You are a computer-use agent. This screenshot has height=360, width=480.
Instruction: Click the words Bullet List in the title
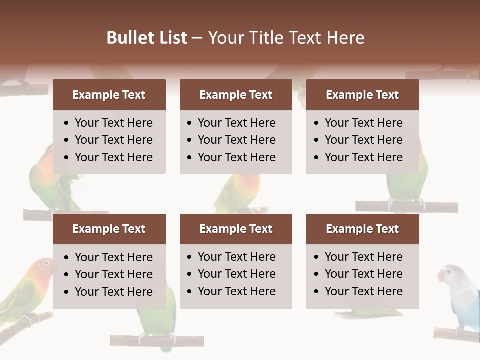pos(147,38)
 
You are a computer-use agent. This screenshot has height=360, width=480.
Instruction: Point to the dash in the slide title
pos(197,38)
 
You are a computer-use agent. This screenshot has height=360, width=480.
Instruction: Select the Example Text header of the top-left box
pos(109,95)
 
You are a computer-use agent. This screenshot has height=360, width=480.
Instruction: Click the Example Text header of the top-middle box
pos(236,95)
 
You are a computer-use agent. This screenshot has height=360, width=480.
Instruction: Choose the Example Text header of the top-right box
pos(362,95)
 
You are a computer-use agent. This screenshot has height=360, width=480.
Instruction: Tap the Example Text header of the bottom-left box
pos(109,229)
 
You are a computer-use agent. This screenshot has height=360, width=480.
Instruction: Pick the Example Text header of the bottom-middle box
pos(236,229)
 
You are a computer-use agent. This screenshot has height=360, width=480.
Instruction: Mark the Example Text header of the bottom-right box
pos(362,229)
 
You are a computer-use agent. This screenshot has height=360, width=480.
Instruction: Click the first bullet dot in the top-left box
pos(67,123)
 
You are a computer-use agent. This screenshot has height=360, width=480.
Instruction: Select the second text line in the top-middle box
pos(236,140)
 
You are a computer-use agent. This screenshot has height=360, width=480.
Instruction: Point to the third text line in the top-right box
pos(363,157)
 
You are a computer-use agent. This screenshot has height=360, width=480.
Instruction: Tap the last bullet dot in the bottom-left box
pos(67,292)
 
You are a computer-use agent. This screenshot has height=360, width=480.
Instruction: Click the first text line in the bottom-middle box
pos(236,257)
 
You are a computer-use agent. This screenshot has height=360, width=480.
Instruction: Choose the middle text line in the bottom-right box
pos(363,274)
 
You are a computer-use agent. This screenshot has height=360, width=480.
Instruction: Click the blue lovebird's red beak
pos(441,275)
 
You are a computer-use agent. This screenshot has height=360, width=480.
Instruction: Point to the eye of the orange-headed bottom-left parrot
pos(46,263)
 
